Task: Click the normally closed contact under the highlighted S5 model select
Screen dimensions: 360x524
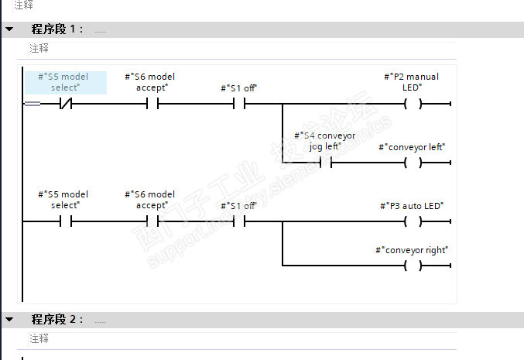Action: [x=66, y=103]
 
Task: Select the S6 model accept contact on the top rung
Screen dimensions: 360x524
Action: [x=152, y=103]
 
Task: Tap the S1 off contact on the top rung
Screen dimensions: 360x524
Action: [x=239, y=103]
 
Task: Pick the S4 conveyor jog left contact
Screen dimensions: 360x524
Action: [x=326, y=163]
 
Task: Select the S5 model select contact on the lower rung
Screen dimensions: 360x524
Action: [x=66, y=221]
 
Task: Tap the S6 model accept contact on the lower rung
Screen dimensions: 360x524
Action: [x=152, y=221]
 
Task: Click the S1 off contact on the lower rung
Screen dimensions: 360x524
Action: [x=239, y=221]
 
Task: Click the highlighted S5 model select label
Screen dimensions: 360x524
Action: [x=66, y=82]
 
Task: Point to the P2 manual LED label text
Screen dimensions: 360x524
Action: [x=412, y=82]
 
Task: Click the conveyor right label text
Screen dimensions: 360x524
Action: [x=412, y=250]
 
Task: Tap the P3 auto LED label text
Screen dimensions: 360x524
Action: [x=412, y=206]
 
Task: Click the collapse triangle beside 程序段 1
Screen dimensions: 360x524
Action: [x=9, y=29]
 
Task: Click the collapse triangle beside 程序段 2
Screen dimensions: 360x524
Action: [x=9, y=320]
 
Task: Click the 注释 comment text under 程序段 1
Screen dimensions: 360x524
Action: [x=39, y=48]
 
